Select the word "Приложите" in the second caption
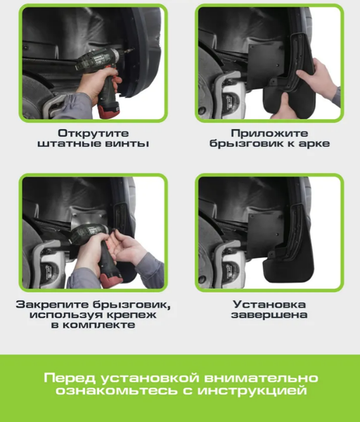269,132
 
